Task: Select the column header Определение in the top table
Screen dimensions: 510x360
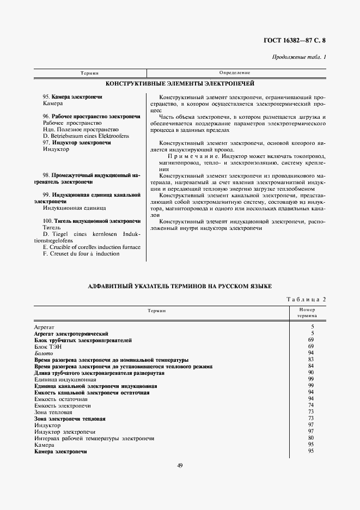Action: coord(235,72)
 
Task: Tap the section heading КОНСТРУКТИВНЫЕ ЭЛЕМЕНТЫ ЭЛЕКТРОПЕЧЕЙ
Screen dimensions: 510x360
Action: coord(180,84)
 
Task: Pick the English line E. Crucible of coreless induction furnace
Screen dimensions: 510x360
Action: coord(91,247)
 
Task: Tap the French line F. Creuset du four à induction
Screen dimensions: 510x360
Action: coord(81,253)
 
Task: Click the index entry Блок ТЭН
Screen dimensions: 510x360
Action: coord(48,347)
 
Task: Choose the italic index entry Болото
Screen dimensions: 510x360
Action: coord(45,353)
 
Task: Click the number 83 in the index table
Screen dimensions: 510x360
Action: coord(311,360)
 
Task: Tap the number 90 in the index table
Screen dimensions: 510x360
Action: coord(311,373)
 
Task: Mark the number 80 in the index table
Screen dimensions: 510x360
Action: coord(311,438)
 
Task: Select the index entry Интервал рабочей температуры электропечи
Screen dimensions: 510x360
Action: coord(94,438)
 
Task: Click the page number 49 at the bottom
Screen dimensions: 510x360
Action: coord(180,465)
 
